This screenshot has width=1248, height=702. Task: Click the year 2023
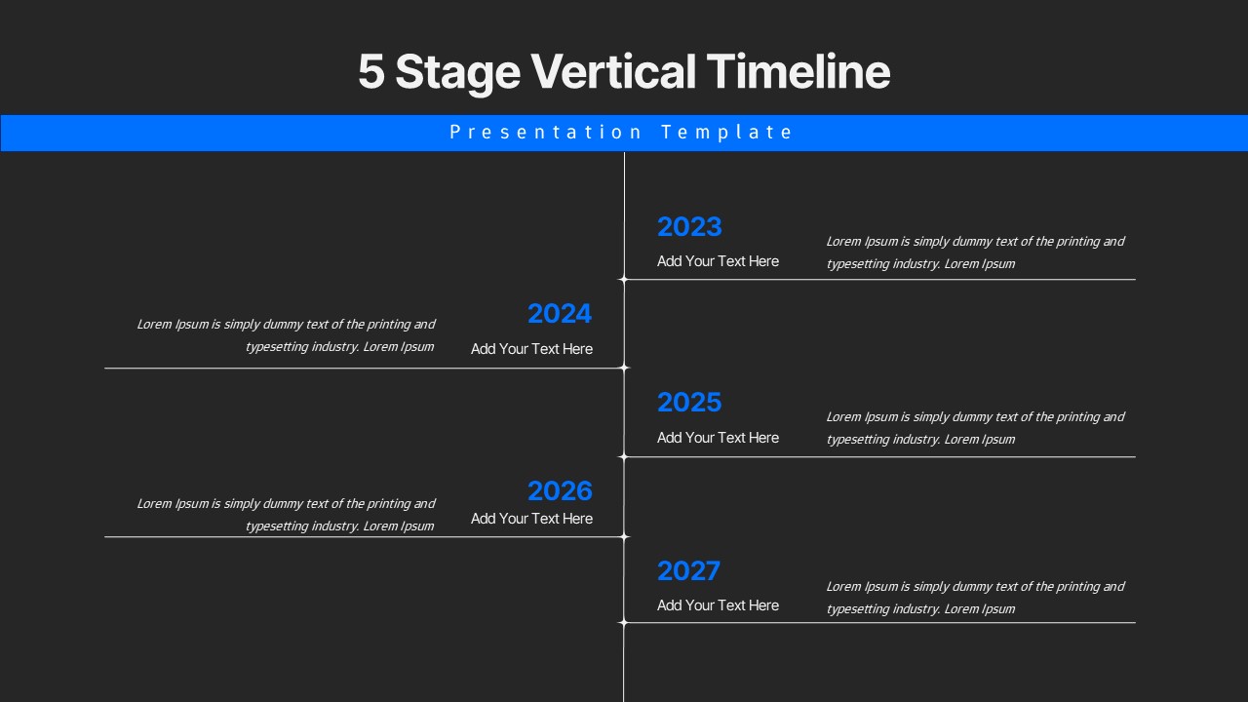click(689, 226)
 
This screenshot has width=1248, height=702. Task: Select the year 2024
click(560, 314)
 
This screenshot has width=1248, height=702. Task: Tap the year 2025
click(689, 403)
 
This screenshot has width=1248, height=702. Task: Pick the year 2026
click(560, 490)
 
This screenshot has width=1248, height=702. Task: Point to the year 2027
click(689, 570)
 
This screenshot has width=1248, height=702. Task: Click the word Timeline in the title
click(798, 72)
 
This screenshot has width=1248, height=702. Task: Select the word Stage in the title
click(457, 73)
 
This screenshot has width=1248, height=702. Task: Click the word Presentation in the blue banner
click(546, 133)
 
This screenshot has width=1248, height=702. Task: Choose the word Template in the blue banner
click(726, 133)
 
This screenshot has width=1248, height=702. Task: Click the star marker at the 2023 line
click(624, 280)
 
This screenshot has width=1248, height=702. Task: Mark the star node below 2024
click(624, 368)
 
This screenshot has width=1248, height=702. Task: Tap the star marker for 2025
click(624, 456)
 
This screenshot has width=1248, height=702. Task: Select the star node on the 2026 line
click(624, 536)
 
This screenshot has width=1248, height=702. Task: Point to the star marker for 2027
click(624, 622)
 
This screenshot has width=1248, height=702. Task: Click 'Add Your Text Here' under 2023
click(718, 261)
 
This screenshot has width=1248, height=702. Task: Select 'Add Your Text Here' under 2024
click(531, 349)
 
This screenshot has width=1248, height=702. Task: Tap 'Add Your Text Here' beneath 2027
click(718, 605)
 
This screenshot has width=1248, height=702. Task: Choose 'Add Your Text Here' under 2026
click(531, 519)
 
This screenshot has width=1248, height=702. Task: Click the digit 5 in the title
click(370, 73)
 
